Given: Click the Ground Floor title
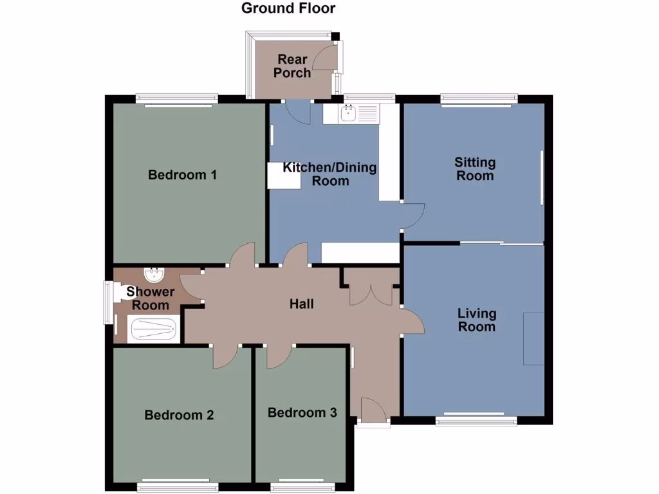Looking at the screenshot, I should [288, 8].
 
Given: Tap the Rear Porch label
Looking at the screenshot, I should [292, 66].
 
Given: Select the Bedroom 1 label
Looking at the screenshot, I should [182, 174].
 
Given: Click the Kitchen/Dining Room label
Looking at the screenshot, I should [330, 174].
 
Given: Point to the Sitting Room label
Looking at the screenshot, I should [474, 169].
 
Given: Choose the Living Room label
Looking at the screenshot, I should [477, 320].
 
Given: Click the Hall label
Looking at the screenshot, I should [301, 304].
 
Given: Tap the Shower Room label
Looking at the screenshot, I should [150, 298].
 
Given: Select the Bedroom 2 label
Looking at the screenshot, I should [179, 415].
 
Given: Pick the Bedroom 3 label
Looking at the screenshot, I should [302, 412].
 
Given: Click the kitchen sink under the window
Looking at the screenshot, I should [349, 114].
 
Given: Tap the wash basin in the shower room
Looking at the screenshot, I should [153, 275].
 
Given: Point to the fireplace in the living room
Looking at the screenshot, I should [534, 338].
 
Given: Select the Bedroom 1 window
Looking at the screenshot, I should [176, 100].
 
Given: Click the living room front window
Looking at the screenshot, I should [476, 421].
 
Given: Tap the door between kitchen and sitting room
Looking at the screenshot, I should [413, 216].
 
